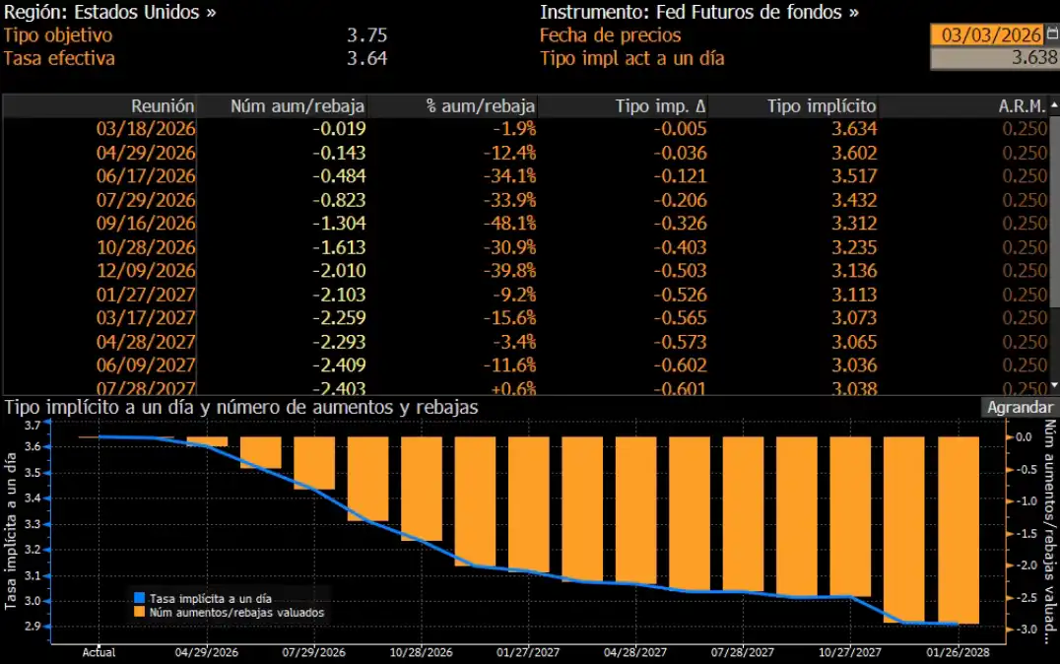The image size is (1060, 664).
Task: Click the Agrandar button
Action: pos(1020,407)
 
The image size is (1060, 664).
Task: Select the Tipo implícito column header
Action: pos(821,105)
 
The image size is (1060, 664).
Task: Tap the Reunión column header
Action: pos(163,105)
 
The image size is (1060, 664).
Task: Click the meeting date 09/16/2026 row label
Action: pos(146,224)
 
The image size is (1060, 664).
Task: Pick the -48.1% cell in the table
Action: pos(512,224)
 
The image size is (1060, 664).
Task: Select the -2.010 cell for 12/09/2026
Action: pos(339,271)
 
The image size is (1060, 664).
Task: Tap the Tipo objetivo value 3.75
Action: pos(366,34)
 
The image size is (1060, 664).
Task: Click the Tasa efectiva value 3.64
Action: pos(366,58)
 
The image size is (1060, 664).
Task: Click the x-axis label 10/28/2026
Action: pos(421,651)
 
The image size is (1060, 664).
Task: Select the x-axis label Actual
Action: pos(99,651)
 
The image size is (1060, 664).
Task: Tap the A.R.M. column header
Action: pos(1025,105)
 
